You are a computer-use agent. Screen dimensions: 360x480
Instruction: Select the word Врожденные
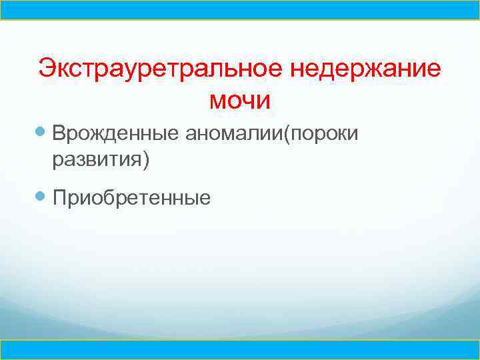point(115,134)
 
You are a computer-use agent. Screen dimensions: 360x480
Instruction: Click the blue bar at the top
point(240,10)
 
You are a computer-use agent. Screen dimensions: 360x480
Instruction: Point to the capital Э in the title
point(47,69)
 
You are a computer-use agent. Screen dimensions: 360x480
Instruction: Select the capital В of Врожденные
point(60,134)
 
